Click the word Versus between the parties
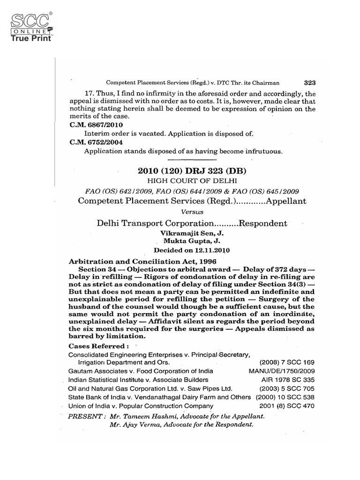click(193, 212)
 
